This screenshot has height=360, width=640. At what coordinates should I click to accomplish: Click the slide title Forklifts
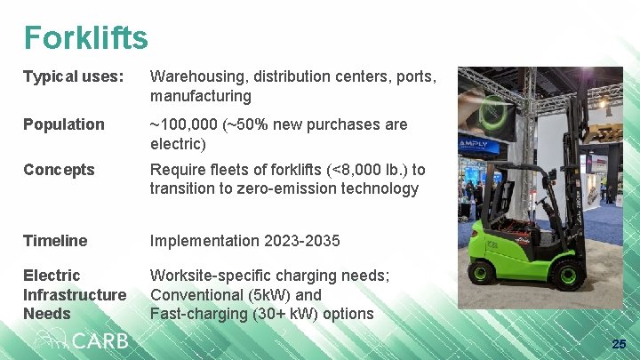(85, 37)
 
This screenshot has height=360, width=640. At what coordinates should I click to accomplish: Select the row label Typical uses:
(73, 76)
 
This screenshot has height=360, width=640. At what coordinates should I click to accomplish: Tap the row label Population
(63, 124)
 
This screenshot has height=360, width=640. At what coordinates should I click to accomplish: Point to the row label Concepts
(59, 170)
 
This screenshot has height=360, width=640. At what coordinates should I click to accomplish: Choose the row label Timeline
(55, 241)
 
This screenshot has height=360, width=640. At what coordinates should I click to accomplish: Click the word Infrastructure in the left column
(75, 294)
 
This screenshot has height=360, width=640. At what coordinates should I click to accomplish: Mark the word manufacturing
(201, 96)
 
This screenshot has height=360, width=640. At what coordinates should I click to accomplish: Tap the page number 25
(619, 344)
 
